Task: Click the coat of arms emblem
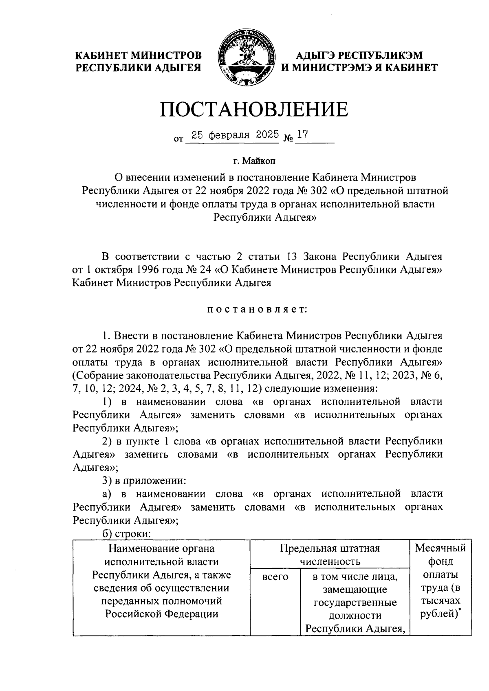[244, 58]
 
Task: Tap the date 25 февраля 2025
[232, 135]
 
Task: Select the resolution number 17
[302, 135]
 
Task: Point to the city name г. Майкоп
[254, 162]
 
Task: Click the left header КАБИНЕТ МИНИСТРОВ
[139, 55]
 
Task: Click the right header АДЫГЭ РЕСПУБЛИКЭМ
[359, 55]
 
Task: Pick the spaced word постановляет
[257, 310]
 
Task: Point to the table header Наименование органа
[161, 548]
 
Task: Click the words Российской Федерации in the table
[161, 614]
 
